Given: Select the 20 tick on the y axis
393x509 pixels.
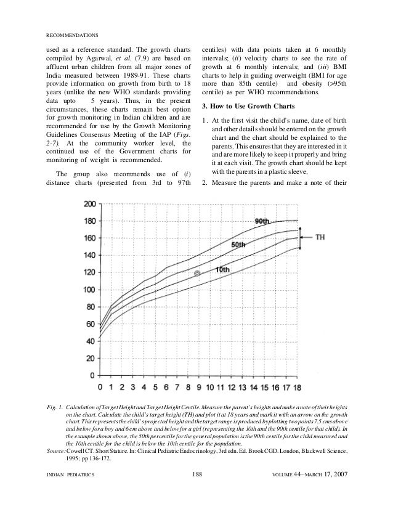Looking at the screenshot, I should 91,358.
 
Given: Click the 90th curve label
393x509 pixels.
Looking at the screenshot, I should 263,221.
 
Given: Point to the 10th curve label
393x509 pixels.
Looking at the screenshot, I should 223,269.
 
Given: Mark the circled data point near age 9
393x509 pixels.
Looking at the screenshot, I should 197,273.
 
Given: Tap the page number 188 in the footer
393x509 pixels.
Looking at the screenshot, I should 197,491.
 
